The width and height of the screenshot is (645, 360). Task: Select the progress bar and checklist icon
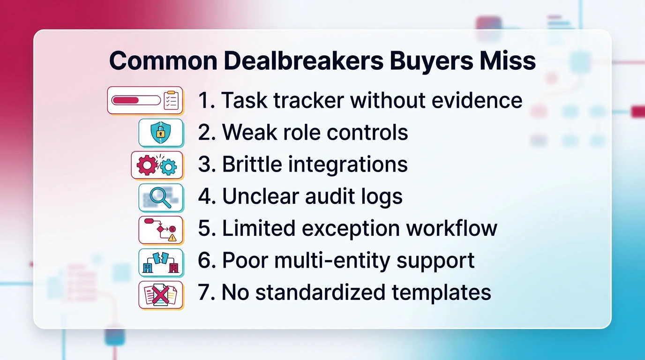click(145, 100)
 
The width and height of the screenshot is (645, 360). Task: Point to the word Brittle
click(252, 165)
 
